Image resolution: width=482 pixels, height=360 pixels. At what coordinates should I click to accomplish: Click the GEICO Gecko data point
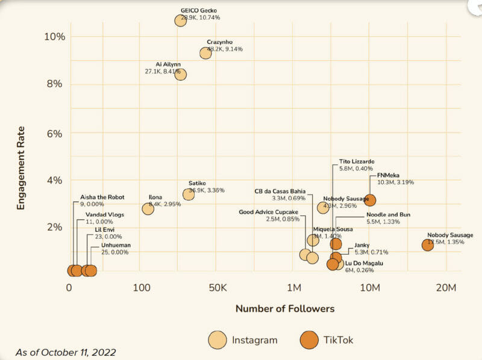point(180,20)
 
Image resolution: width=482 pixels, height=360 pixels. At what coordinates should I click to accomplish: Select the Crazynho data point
point(205,53)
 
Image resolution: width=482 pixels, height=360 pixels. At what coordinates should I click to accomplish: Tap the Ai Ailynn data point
point(180,75)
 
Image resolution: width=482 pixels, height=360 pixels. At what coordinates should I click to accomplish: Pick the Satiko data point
point(189,194)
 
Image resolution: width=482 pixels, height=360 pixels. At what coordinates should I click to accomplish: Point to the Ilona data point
point(148,209)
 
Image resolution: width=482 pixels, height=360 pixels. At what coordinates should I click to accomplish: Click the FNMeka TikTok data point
point(370,200)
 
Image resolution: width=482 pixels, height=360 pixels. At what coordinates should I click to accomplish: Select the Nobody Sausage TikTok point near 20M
point(428,245)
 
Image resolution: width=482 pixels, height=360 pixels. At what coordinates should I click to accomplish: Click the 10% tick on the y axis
point(54,36)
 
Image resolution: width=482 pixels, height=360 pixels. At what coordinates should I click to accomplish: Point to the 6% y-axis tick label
point(54,133)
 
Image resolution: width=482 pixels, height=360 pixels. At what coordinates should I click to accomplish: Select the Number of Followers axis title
point(284,309)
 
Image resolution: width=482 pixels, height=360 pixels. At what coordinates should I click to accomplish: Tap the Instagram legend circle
point(218,340)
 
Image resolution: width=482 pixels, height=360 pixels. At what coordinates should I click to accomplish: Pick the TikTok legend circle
point(309,340)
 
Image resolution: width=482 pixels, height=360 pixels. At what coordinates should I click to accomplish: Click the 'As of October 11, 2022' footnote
point(66,352)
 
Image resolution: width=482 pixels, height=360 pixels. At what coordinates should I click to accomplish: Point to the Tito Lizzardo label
point(357,162)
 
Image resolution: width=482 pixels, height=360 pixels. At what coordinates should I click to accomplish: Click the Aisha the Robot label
point(102,197)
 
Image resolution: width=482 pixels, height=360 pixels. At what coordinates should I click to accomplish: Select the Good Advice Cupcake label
point(268,212)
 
